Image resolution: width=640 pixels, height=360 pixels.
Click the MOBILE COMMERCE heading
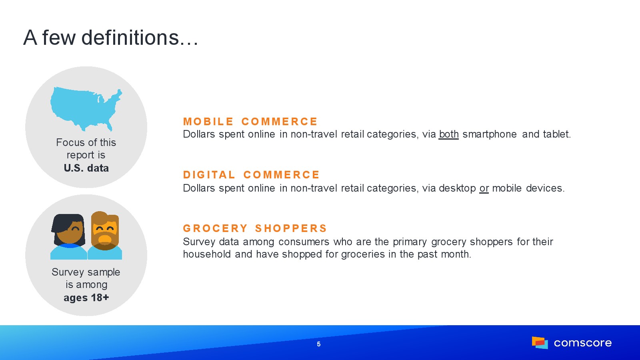point(250,122)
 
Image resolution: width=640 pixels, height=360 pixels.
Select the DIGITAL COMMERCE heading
point(251,175)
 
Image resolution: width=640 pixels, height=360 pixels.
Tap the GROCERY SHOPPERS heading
point(255,228)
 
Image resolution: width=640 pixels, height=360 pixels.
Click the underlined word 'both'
point(448,134)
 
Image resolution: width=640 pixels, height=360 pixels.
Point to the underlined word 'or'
point(484,188)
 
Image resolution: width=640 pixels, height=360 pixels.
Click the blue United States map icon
point(86,109)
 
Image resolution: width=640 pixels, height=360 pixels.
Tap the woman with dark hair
point(68,236)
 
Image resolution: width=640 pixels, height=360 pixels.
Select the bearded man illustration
point(105,236)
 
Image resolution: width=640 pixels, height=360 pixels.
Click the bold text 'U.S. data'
point(86,168)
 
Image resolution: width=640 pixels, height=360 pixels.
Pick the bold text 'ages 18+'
point(86,298)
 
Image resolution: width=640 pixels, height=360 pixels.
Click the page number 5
point(319,344)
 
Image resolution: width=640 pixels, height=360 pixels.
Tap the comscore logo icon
point(540,342)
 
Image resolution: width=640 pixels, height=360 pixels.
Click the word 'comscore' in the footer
point(582,343)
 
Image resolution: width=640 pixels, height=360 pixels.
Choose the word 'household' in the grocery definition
point(207,254)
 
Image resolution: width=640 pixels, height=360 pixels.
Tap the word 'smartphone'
point(490,134)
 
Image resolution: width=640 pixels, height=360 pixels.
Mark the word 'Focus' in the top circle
point(70,142)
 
